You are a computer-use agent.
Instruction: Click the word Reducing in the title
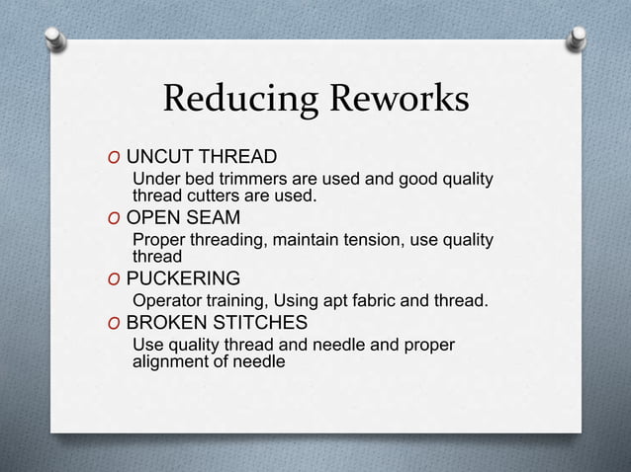point(226,100)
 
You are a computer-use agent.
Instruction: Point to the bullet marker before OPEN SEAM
point(116,218)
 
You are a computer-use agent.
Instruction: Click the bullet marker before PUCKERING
point(116,278)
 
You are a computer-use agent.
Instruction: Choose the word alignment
point(169,362)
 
